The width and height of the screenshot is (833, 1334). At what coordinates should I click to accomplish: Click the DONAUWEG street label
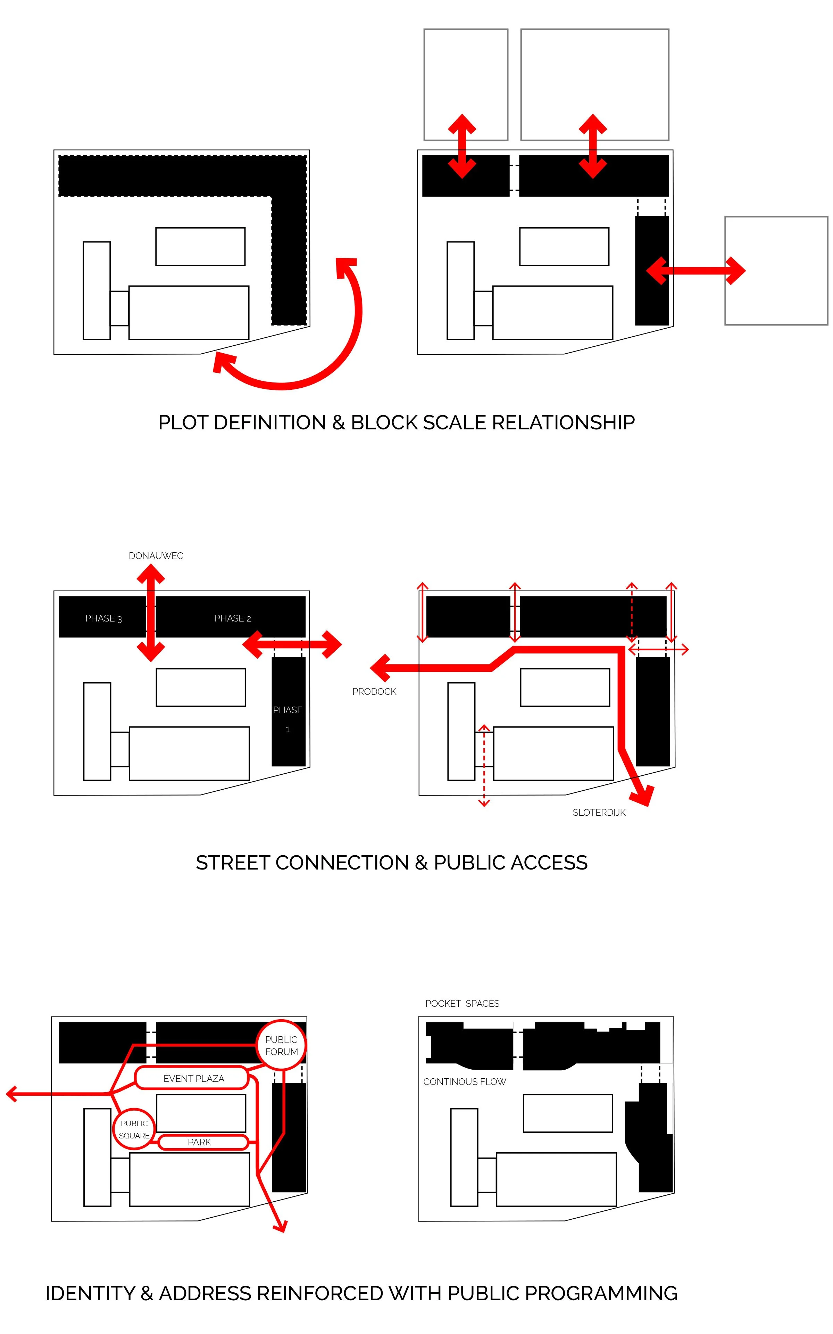(x=156, y=556)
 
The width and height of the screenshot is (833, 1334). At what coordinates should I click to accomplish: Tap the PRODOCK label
(x=374, y=692)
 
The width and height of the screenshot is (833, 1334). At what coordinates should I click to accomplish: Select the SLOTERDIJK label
(x=599, y=813)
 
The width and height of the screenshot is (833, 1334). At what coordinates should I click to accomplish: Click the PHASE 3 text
(x=103, y=618)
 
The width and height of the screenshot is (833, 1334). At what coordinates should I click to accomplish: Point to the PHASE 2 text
(x=233, y=618)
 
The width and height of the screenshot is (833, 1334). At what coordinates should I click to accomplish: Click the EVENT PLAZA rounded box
(x=193, y=1078)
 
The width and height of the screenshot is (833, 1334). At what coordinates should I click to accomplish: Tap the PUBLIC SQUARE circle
(x=134, y=1129)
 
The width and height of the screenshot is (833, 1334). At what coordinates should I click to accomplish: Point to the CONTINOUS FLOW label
(x=465, y=1082)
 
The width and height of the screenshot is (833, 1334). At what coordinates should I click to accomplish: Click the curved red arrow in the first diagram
(x=342, y=353)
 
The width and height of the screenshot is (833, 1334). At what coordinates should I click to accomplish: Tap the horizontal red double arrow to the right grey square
(x=695, y=271)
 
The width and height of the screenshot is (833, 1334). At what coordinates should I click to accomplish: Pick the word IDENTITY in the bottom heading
(x=90, y=1293)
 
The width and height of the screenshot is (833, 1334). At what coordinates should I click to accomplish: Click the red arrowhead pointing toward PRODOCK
(x=381, y=668)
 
